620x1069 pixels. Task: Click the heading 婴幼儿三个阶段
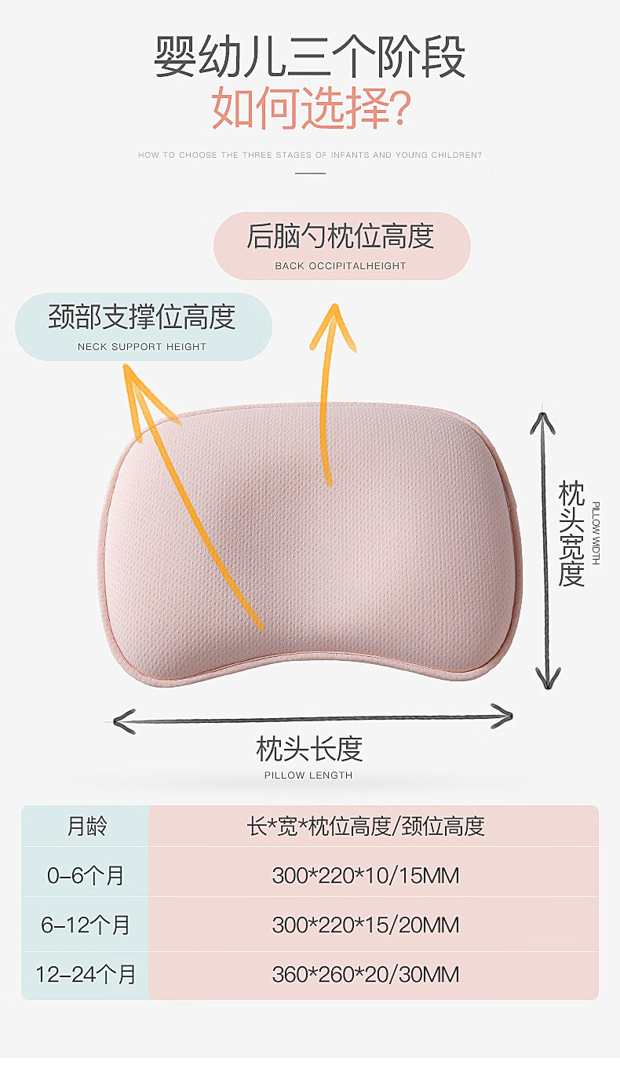tap(310, 57)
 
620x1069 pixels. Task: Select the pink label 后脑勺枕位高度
tap(341, 236)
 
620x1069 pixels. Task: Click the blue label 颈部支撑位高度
tap(142, 317)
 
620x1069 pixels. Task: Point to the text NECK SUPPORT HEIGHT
tap(142, 347)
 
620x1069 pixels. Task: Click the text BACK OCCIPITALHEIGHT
tap(341, 266)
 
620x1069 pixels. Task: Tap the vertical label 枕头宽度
tap(571, 534)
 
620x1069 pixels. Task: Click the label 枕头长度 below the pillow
tap(309, 749)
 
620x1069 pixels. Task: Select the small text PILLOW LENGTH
tap(308, 775)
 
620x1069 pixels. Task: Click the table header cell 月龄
tap(86, 826)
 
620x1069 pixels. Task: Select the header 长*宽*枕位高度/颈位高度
tap(366, 826)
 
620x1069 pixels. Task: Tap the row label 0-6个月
tap(86, 875)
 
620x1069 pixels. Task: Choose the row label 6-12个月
tap(86, 925)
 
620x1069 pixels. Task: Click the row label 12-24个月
tap(86, 975)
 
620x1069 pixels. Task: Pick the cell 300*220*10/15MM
tap(366, 875)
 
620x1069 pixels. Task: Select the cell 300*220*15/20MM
tap(366, 925)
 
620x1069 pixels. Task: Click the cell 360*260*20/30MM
tap(366, 975)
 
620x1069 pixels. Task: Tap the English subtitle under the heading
tap(310, 155)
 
